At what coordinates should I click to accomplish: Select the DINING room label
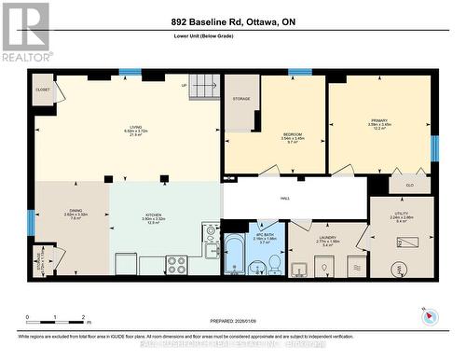click(75, 211)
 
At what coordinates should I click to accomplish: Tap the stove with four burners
click(176, 264)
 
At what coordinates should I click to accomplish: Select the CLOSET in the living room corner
click(43, 90)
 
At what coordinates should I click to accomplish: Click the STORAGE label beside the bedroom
click(241, 99)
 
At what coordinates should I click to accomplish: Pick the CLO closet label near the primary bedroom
click(411, 186)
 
